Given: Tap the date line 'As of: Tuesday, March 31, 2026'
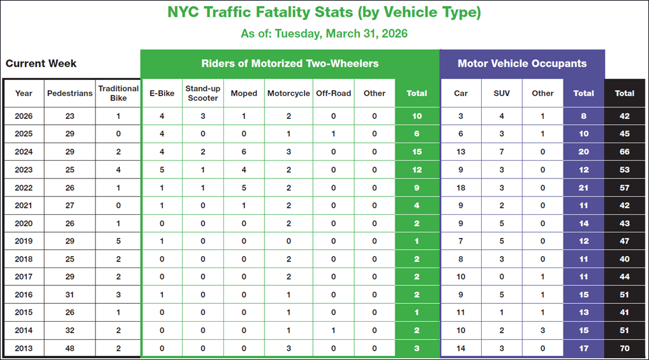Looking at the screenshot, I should point(324,33).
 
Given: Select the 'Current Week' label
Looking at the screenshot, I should point(41,63).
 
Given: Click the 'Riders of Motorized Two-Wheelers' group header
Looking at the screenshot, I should point(290,63).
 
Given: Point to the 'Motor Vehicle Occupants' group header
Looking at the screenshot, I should point(522,63).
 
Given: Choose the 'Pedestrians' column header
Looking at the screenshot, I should point(70,93).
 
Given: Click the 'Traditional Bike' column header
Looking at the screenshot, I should point(118,93).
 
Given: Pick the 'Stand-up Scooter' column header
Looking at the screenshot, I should point(203,93).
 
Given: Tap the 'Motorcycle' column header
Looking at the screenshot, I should point(288,93).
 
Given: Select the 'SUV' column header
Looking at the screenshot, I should point(502,93).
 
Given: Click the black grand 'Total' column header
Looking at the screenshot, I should point(625,93).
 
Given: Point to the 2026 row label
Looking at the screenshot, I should point(24,116).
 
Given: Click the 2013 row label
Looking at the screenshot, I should point(24,349).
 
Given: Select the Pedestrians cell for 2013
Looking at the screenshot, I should point(70,349).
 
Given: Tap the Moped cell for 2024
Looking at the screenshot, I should point(244,152).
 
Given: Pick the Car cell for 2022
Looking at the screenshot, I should point(460,187).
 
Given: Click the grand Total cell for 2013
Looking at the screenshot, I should point(625,349).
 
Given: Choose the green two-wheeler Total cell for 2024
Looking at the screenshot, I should point(416,152).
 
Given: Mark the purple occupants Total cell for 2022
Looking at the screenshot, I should point(583,187).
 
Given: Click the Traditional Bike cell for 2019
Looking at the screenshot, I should point(118,241).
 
